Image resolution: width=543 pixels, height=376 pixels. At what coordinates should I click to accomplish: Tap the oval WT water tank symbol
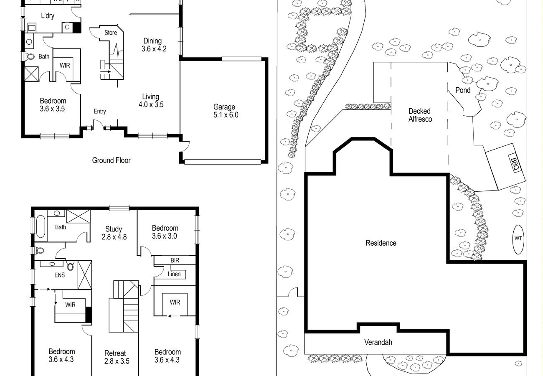518,239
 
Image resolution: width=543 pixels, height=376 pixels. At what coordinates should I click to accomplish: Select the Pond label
463,90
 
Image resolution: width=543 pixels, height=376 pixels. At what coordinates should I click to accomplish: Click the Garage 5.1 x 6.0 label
226,111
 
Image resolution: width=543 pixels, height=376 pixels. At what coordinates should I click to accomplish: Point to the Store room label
111,33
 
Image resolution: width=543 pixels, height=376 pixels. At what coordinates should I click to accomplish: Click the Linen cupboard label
174,274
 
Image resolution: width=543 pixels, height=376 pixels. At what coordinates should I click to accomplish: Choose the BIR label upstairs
175,260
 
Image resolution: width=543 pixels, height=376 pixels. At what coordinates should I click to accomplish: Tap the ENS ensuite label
59,275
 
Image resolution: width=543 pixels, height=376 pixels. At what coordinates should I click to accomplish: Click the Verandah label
378,342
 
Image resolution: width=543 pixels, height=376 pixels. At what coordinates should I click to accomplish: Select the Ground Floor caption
111,160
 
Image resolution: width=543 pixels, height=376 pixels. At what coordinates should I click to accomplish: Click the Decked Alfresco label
420,115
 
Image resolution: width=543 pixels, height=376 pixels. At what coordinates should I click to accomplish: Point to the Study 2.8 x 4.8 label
114,233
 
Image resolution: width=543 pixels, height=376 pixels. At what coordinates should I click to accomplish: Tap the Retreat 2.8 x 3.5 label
117,357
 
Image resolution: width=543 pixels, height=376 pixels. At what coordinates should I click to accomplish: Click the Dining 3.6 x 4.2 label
154,45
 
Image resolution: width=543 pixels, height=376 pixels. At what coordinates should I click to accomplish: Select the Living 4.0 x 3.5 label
151,100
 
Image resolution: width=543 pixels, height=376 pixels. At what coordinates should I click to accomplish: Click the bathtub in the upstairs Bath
41,226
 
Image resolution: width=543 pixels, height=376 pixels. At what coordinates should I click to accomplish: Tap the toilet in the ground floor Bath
30,57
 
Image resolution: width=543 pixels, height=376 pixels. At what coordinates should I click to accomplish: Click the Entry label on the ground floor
100,111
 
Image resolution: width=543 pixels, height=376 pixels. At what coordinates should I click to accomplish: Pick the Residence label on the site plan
381,243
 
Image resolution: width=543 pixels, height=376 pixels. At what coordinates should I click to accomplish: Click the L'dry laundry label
48,16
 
